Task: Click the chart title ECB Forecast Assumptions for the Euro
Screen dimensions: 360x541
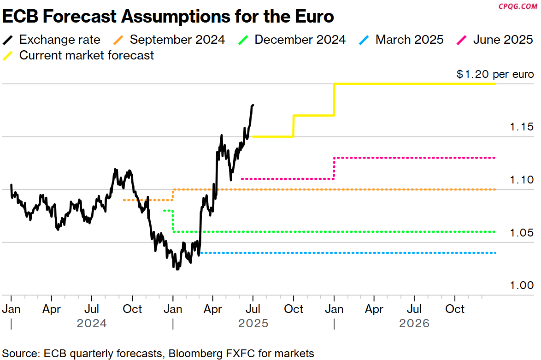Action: [x=168, y=17]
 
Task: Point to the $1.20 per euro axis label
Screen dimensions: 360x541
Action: [x=495, y=75]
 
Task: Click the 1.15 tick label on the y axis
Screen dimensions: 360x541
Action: [x=522, y=127]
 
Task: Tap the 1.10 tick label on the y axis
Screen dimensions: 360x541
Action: [x=522, y=180]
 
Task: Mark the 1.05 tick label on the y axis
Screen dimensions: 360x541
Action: [x=522, y=233]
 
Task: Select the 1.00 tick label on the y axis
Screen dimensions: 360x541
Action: [x=522, y=285]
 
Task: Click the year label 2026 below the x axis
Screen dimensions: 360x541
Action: [x=414, y=323]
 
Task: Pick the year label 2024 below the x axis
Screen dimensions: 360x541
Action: [x=92, y=323]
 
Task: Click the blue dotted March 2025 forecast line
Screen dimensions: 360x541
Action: [x=346, y=253]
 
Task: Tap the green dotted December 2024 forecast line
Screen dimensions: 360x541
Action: [x=346, y=232]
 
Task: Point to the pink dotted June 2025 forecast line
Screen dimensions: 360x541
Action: [x=415, y=158]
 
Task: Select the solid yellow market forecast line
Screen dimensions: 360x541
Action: [x=415, y=84]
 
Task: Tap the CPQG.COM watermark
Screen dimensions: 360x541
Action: [x=518, y=6]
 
